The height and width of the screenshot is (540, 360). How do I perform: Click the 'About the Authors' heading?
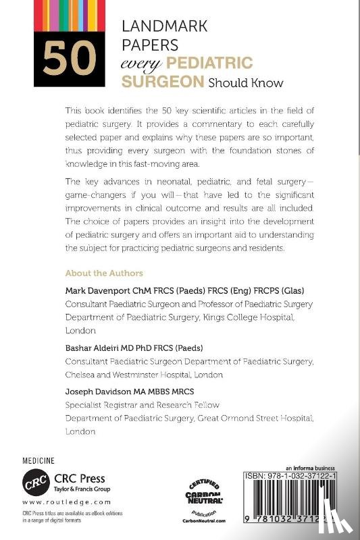(x=103, y=273)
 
